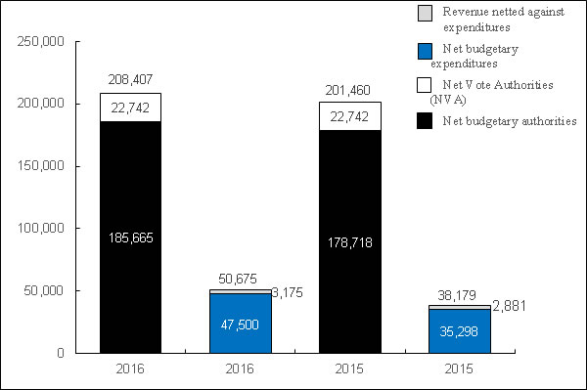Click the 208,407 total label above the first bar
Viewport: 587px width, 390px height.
(131, 78)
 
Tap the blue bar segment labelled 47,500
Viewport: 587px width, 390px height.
(240, 323)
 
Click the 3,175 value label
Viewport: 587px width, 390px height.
(288, 291)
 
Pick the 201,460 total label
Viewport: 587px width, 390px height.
(348, 87)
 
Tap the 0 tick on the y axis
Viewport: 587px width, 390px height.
(60, 353)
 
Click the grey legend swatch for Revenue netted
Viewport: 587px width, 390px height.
(425, 13)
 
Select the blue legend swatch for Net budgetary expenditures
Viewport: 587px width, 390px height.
(425, 50)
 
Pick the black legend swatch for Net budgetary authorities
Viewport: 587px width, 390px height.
(425, 120)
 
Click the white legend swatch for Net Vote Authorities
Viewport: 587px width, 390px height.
(425, 85)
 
